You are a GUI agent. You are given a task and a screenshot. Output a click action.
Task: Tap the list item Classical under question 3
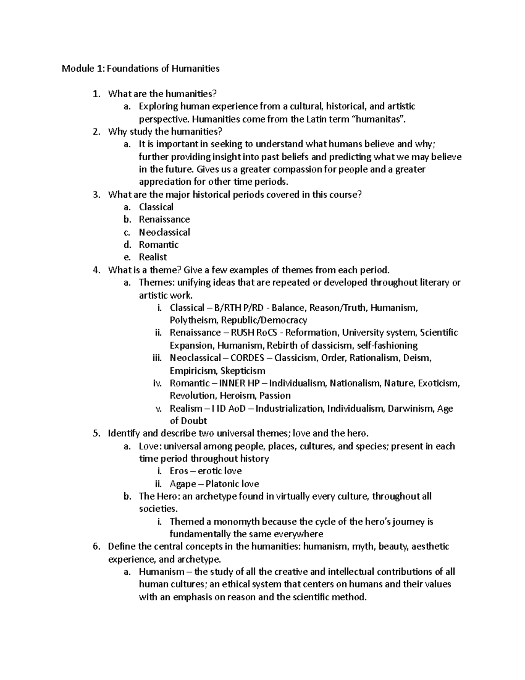click(156, 207)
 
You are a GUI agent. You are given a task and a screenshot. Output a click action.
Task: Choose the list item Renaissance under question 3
click(164, 219)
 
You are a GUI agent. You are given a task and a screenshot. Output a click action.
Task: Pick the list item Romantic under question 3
click(159, 244)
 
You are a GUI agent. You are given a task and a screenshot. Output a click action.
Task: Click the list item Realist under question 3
click(153, 257)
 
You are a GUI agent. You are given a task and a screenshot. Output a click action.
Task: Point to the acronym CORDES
click(247, 358)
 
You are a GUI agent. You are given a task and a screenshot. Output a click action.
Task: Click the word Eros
click(179, 471)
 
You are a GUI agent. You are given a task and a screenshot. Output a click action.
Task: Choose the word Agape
click(183, 484)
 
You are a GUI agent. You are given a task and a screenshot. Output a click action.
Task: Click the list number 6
click(96, 546)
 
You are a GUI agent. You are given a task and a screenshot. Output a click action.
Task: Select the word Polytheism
click(193, 320)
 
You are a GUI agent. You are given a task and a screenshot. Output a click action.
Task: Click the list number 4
click(96, 270)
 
